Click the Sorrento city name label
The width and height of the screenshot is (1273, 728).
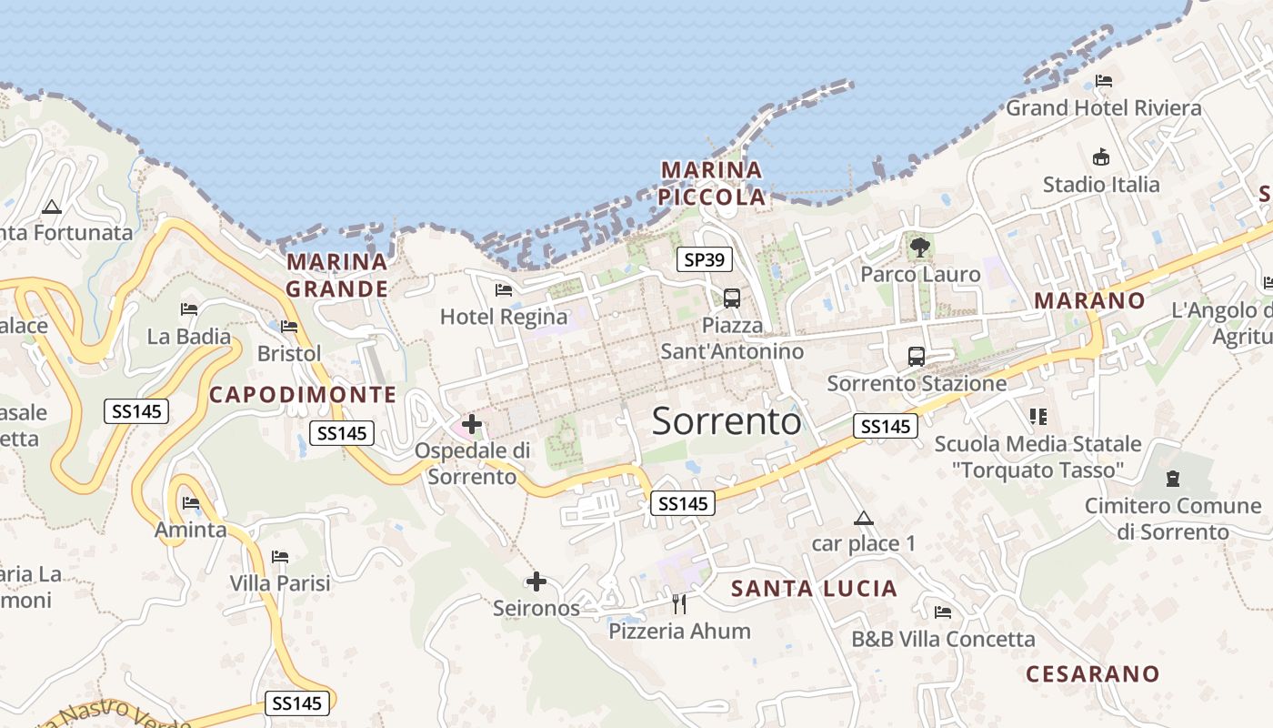[x=727, y=421]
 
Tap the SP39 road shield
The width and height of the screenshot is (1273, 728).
[x=705, y=260]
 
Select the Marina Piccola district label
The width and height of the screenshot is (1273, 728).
[x=712, y=183]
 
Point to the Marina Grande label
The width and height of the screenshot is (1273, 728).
[x=337, y=276]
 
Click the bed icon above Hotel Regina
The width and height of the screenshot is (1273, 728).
[x=503, y=290]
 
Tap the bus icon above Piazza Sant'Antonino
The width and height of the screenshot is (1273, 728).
[x=732, y=298]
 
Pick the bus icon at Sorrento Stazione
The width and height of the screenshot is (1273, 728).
[x=917, y=356]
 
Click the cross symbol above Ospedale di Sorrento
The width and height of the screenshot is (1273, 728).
[x=472, y=423]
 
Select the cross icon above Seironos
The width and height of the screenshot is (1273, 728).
[x=536, y=581]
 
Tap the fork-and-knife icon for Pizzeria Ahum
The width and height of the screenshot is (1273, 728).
[x=678, y=603]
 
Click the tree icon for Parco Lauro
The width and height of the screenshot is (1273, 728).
[x=920, y=247]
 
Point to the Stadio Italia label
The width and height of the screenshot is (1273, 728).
[x=1101, y=185]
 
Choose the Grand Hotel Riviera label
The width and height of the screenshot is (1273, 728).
[x=1103, y=108]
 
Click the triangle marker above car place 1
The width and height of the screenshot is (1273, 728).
[x=864, y=519]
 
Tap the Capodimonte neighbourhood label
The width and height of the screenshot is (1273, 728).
[x=303, y=395]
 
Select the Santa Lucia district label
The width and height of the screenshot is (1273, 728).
[x=815, y=589]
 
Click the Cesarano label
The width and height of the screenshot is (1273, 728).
[x=1093, y=674]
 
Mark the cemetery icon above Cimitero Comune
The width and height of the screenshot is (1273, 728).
[x=1173, y=478]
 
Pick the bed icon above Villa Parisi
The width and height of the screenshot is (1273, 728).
[x=280, y=556]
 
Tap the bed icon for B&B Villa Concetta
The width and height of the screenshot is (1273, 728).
[x=943, y=612]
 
